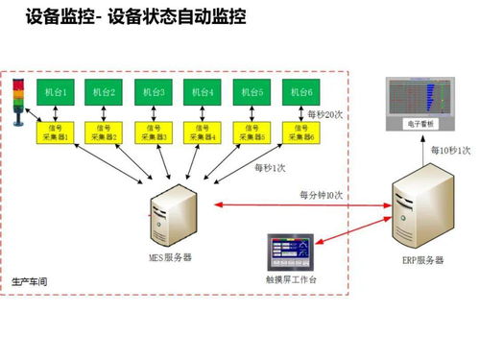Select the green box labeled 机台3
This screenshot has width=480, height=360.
(x=151, y=92)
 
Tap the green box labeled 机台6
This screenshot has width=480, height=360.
(x=300, y=92)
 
